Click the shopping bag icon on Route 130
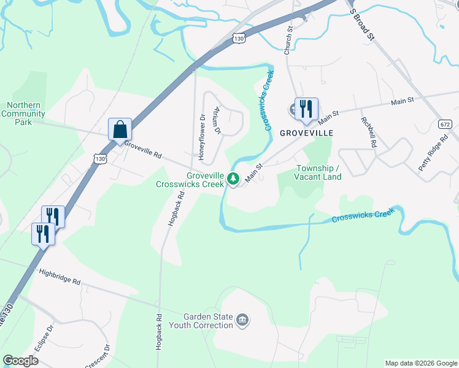120,130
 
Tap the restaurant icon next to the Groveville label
306,109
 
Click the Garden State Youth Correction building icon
243,320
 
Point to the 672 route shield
445,124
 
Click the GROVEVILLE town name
306,132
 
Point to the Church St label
288,40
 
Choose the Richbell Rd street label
368,132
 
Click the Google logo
21,361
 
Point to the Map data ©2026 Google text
421,363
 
